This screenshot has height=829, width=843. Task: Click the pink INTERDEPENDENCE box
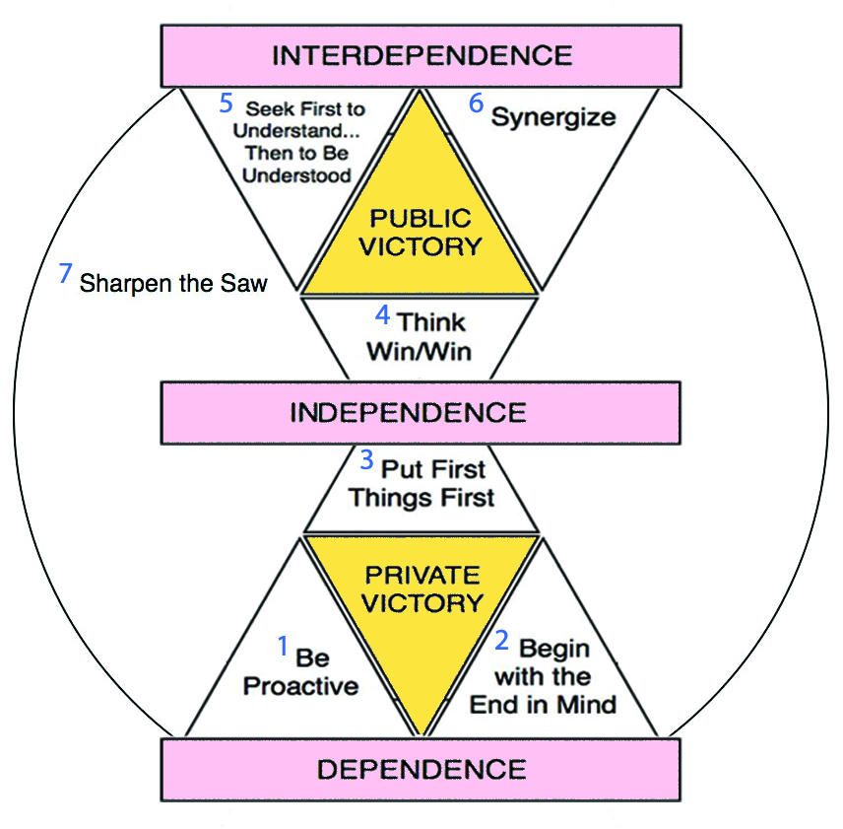pyautogui.click(x=421, y=55)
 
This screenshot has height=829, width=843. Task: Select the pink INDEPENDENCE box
pyautogui.click(x=421, y=411)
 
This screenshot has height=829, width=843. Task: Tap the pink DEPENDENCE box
pyautogui.click(x=421, y=769)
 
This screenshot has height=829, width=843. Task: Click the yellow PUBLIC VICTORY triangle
pyautogui.click(x=421, y=232)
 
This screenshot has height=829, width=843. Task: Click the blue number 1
pyautogui.click(x=283, y=647)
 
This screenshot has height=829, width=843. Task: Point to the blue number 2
pyautogui.click(x=501, y=642)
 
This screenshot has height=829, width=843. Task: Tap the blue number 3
pyautogui.click(x=366, y=459)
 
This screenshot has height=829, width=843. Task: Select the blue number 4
pyautogui.click(x=383, y=316)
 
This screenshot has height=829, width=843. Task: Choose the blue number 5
pyautogui.click(x=225, y=102)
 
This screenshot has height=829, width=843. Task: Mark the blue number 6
pyautogui.click(x=477, y=103)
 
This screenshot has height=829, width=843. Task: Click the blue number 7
pyautogui.click(x=66, y=274)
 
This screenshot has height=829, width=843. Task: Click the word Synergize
pyautogui.click(x=553, y=117)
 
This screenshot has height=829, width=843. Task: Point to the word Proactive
pyautogui.click(x=300, y=685)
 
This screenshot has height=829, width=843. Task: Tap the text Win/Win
pyautogui.click(x=419, y=349)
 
